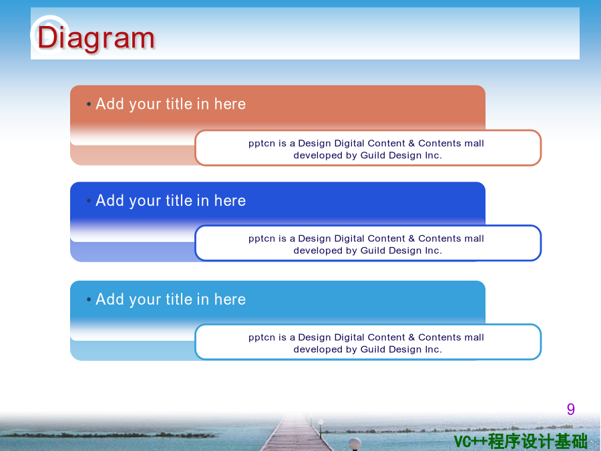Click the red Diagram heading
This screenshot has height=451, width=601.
pyautogui.click(x=95, y=38)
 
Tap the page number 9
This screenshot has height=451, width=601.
pyautogui.click(x=571, y=409)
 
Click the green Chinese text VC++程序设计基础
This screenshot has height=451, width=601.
pyautogui.click(x=520, y=441)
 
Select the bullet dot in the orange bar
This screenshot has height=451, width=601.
pyautogui.click(x=89, y=104)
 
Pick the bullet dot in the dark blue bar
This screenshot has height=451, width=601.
pyautogui.click(x=89, y=200)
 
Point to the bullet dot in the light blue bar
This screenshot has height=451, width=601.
pyautogui.click(x=89, y=299)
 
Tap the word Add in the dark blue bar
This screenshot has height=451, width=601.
pyautogui.click(x=108, y=200)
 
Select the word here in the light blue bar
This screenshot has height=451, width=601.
pyautogui.click(x=230, y=299)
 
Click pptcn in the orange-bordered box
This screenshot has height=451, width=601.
pyautogui.click(x=262, y=144)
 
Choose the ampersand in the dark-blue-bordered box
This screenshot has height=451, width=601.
pyautogui.click(x=411, y=239)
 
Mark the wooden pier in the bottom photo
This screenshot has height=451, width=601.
pyautogui.click(x=295, y=434)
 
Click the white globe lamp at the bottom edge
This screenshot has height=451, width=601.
pyautogui.click(x=355, y=443)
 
